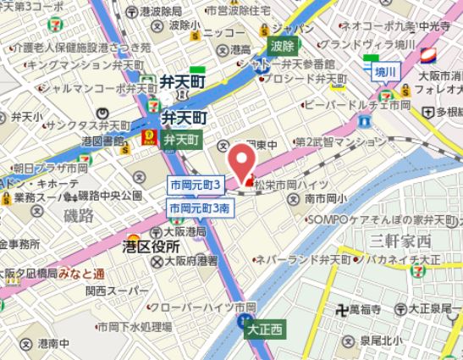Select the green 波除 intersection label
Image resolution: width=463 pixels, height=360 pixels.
pos(283,46)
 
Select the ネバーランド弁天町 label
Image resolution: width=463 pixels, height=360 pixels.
pos(291,256)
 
